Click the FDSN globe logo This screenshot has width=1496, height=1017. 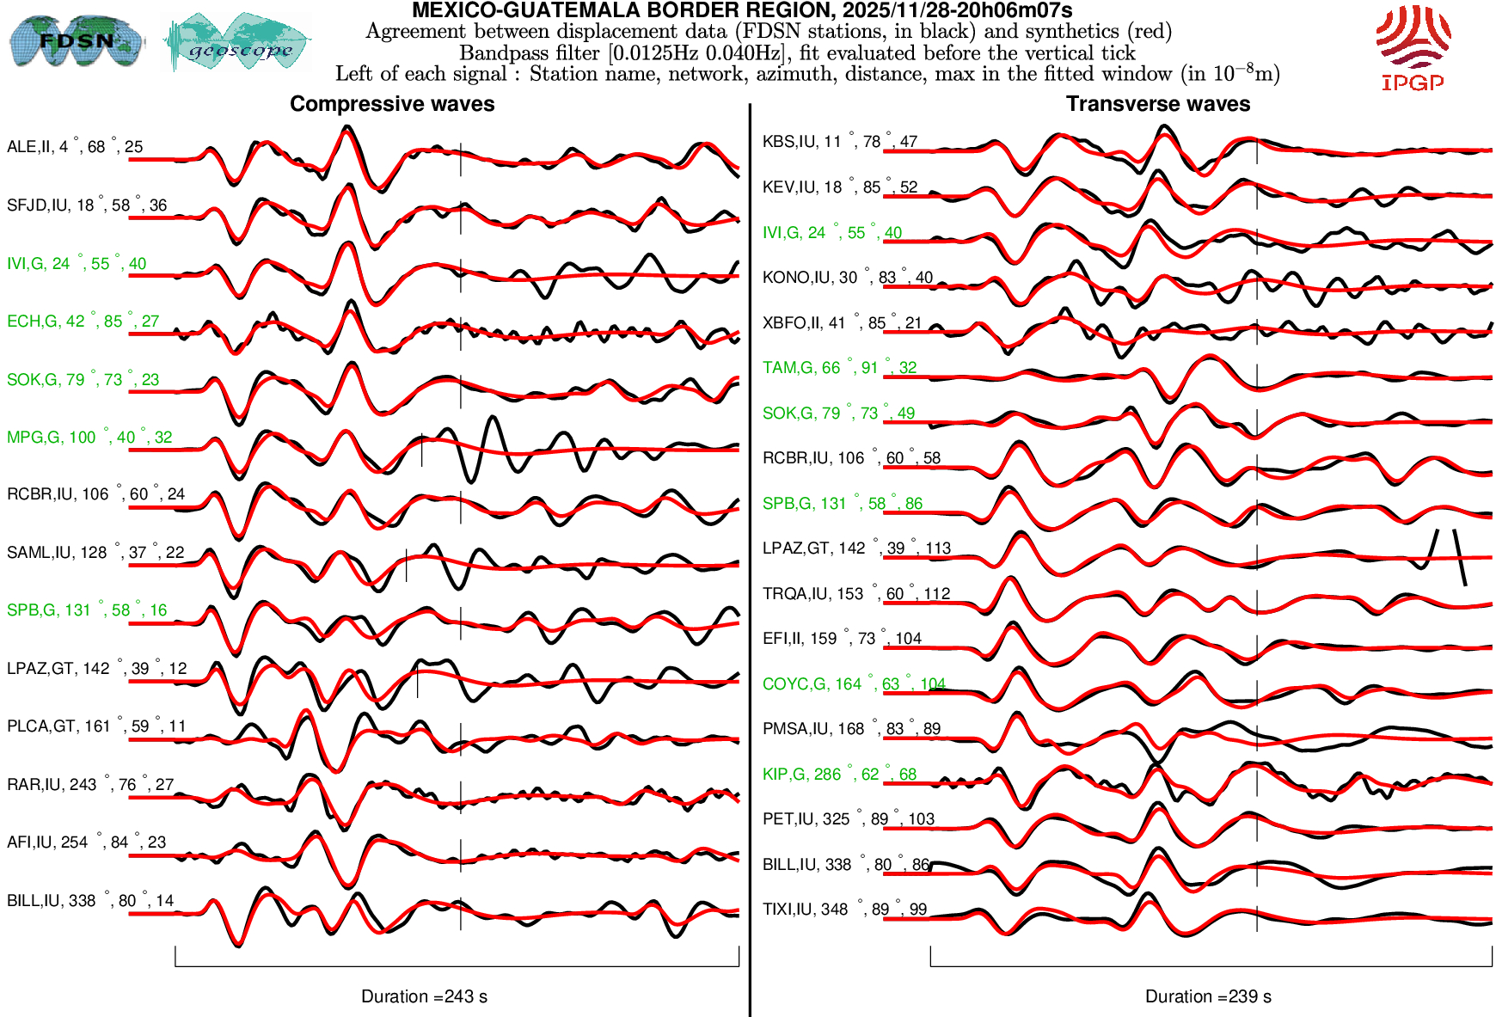[x=76, y=40]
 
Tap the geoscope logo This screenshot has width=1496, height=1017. [x=238, y=42]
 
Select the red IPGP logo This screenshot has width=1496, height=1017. [x=1413, y=47]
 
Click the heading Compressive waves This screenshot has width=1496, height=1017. [x=392, y=104]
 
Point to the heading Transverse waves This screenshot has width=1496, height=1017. [x=1157, y=104]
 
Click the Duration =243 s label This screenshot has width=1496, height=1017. [x=424, y=996]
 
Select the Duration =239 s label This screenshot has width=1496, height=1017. [x=1208, y=996]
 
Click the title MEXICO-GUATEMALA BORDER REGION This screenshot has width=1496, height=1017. [x=741, y=10]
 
